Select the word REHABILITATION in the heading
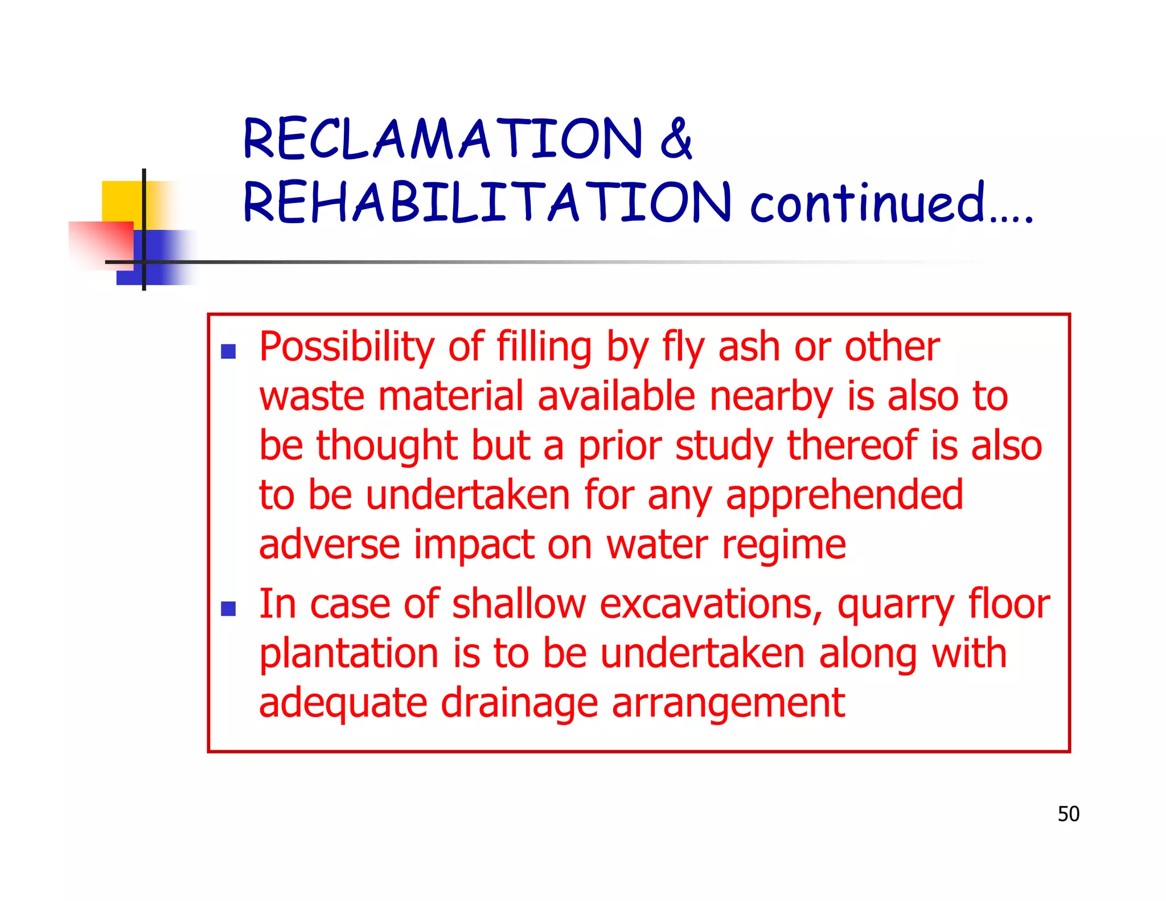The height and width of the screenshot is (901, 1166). point(487,202)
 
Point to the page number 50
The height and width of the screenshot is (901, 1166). point(1068,814)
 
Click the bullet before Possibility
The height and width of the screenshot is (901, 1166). point(228,351)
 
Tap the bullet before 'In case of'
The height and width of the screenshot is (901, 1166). point(228,609)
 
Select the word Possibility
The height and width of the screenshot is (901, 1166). point(347,347)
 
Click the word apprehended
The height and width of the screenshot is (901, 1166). point(844,495)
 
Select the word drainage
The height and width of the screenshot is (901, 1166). point(519,704)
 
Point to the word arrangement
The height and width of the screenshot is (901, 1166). point(728,704)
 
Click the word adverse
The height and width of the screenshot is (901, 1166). point(329,545)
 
